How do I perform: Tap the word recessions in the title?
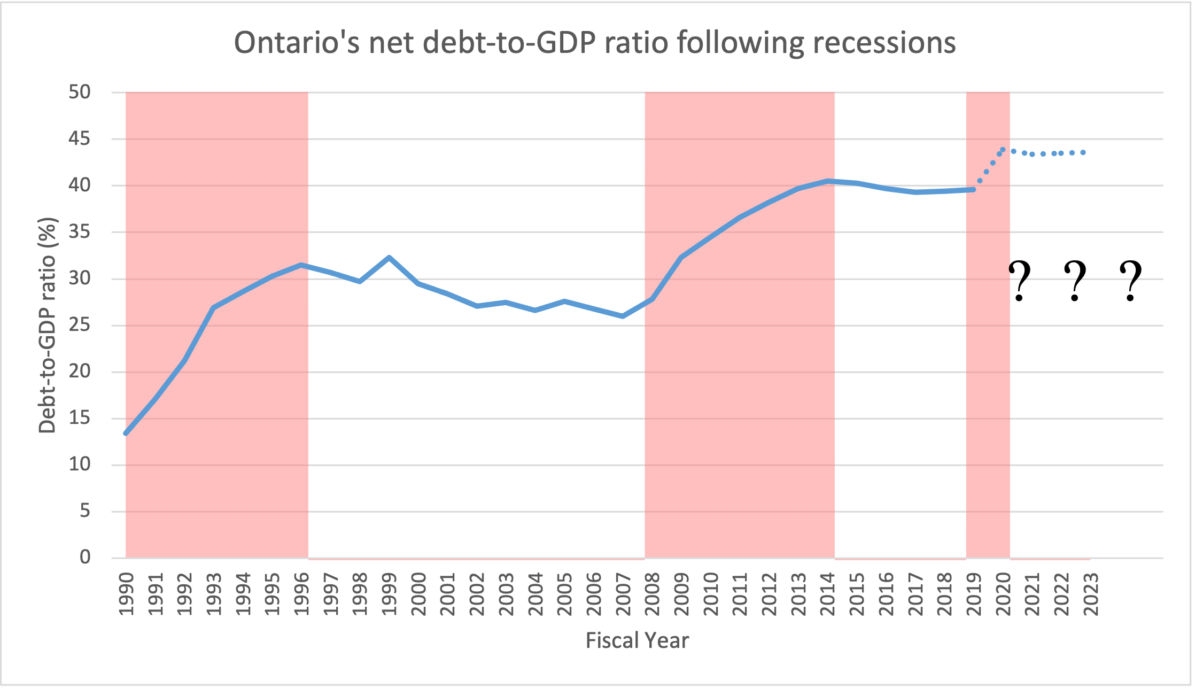tap(884, 43)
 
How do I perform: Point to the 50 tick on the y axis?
tap(80, 92)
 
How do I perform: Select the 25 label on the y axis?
tap(80, 325)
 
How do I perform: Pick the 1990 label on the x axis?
tap(127, 594)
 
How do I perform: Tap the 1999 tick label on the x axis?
tap(390, 594)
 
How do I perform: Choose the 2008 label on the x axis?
tap(653, 594)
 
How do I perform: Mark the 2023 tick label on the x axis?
tap(1091, 594)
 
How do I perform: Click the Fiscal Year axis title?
tap(637, 640)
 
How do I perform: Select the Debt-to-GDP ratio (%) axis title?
tap(48, 325)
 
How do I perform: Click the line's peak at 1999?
tap(389, 258)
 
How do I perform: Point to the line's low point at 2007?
tap(623, 316)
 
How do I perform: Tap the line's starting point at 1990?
tap(126, 433)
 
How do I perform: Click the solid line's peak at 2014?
tap(827, 181)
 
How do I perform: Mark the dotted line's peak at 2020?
tap(1003, 150)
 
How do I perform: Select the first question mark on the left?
tap(1019, 281)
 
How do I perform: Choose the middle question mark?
tap(1075, 281)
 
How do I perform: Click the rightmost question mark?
tap(1130, 281)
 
